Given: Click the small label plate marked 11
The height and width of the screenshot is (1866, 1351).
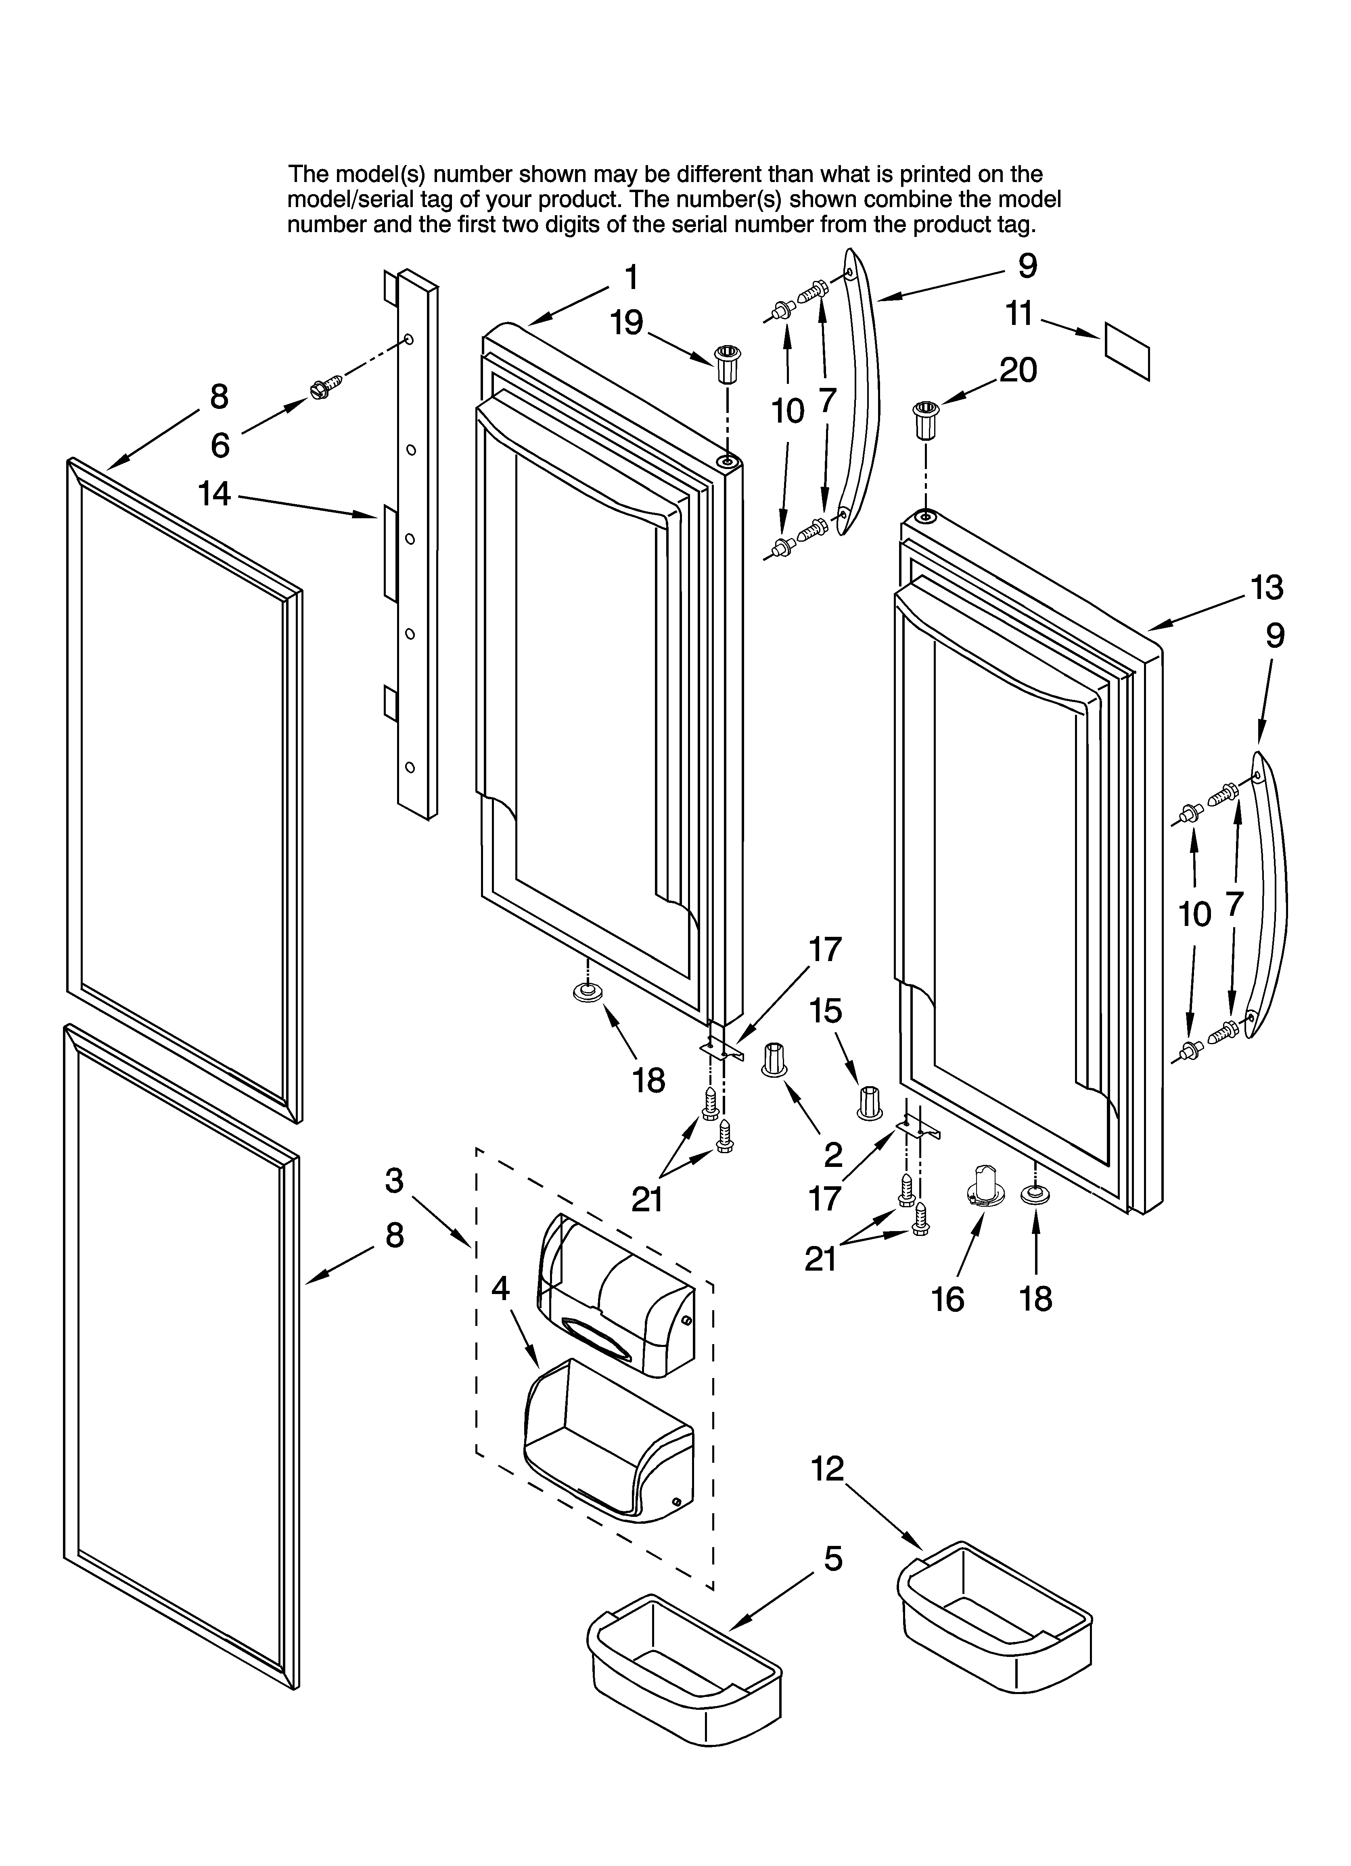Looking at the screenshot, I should click(x=1125, y=350).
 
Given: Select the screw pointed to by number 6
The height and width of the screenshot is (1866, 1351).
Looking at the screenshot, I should click(x=326, y=387).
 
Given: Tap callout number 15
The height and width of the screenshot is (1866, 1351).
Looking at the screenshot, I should click(x=826, y=1011).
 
